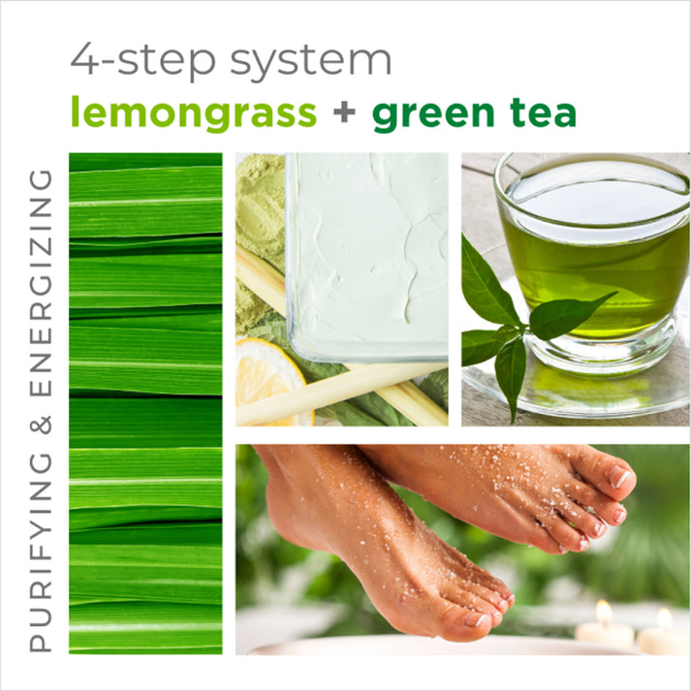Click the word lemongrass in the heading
[193, 114]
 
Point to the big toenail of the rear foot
[620, 477]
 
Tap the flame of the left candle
[603, 612]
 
